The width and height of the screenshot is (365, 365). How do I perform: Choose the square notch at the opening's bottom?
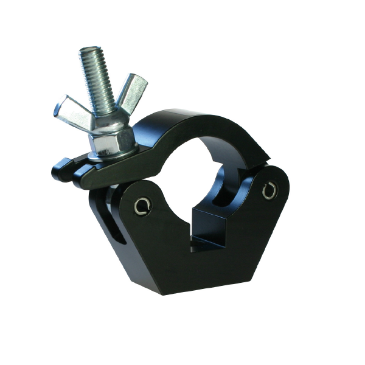tap(213, 225)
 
